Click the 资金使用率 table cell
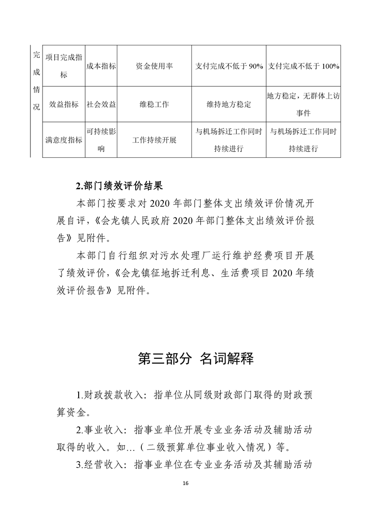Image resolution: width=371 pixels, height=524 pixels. click(154, 66)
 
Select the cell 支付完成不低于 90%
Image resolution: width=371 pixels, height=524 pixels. click(229, 66)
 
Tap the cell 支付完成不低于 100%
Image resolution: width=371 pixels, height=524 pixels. click(304, 66)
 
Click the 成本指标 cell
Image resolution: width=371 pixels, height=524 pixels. click(101, 66)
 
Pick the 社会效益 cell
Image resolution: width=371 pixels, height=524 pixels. click(101, 104)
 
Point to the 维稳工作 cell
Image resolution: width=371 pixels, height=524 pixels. click(154, 104)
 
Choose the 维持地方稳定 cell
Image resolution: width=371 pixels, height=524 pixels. click(229, 104)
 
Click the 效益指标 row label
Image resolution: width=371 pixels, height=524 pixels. click(64, 104)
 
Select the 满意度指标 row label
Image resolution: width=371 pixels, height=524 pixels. click(64, 140)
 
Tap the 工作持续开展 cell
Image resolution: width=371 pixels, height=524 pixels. click(154, 140)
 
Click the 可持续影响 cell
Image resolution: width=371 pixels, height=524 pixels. click(101, 140)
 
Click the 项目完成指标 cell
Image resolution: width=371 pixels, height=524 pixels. click(64, 66)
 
